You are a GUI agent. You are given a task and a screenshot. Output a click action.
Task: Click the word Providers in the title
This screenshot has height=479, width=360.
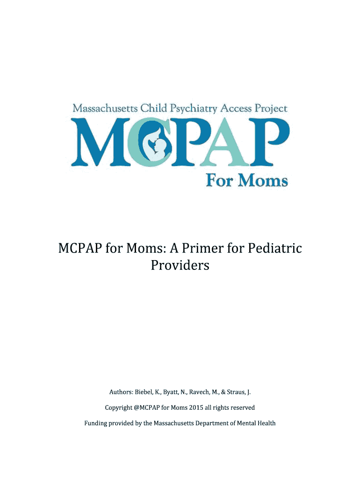point(180,265)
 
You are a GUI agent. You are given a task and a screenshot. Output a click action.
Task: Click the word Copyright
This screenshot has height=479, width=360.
point(118,407)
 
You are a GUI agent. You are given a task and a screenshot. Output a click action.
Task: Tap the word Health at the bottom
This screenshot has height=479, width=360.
point(265,423)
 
